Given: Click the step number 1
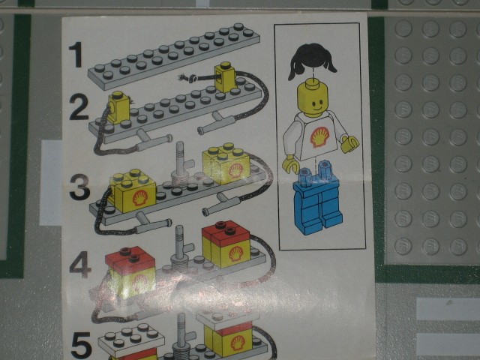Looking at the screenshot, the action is coord(76,55).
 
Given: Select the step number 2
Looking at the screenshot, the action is coord(79,106).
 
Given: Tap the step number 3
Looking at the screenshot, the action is coord(79,187).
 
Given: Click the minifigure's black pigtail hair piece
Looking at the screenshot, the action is coord(312,61).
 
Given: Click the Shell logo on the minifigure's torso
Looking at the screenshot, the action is coord(320,137).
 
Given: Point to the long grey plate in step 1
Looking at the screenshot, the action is coord(174,56).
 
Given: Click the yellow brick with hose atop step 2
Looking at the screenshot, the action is coord(225,76).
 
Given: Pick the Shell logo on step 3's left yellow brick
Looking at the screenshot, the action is coord(140,198).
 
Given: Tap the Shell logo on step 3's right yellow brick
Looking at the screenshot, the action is coord(235,170).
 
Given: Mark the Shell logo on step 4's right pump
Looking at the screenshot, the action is coord(236,254).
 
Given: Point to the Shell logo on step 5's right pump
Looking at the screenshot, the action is coord(238,343).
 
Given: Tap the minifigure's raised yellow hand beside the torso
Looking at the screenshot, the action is coord(350,144).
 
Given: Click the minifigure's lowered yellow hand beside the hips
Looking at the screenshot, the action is coord(290,163).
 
